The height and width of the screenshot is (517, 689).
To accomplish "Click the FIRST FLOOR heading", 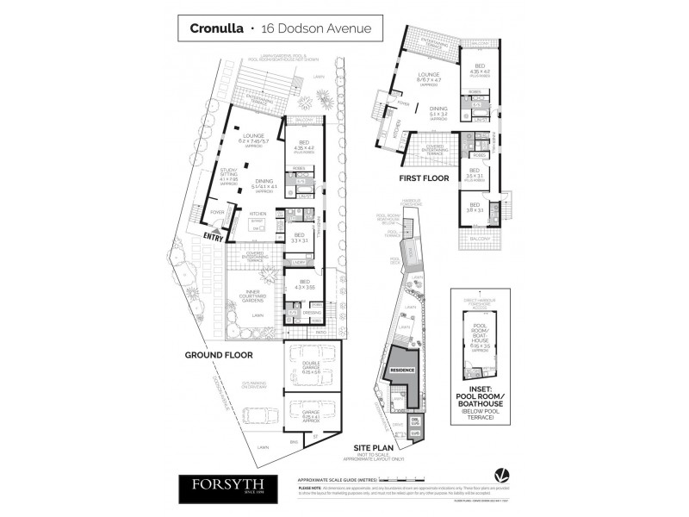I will pyautogui.click(x=426, y=179).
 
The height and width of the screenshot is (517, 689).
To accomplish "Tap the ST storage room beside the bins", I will pyautogui.click(x=313, y=439).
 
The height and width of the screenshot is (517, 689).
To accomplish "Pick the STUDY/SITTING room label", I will pyautogui.click(x=228, y=173).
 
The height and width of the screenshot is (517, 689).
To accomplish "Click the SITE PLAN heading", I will pyautogui.click(x=376, y=448).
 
